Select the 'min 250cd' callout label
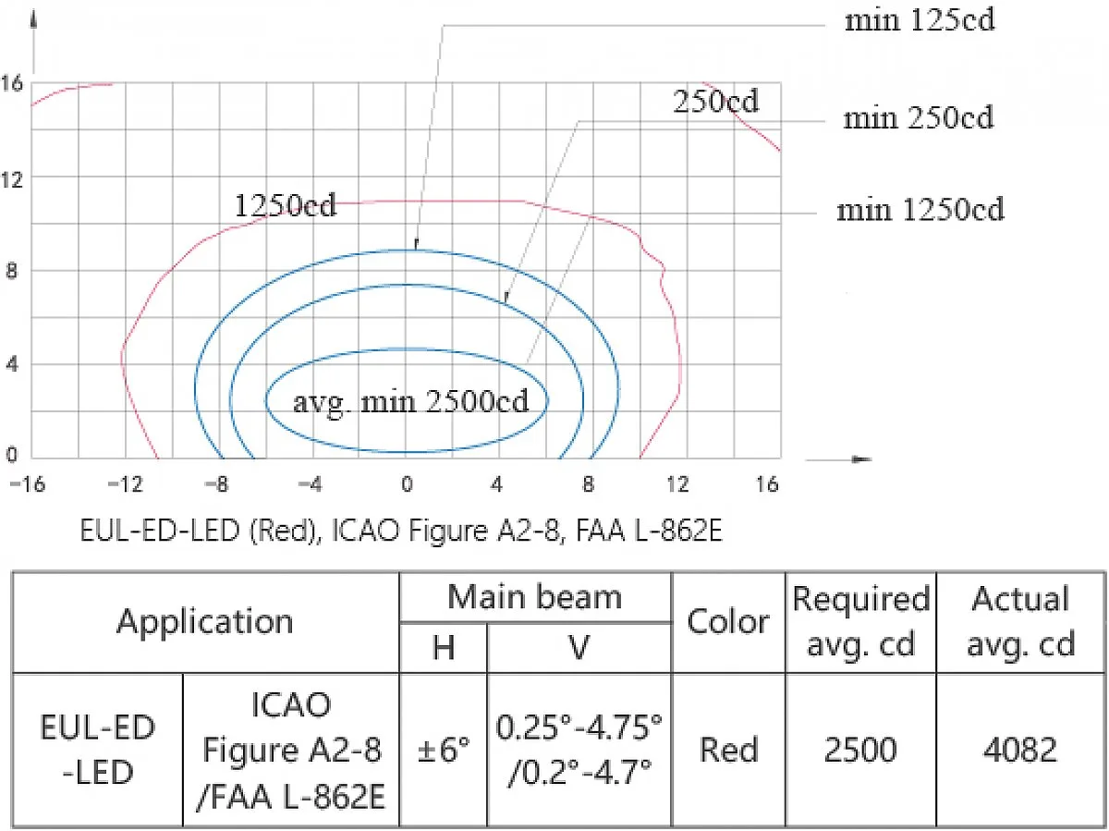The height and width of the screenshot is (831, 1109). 918,117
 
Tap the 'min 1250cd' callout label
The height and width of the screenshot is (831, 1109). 920,210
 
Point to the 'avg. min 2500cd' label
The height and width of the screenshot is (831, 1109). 410,403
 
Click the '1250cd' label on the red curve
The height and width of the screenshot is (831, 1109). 286,205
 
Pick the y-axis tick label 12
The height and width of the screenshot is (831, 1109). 12,179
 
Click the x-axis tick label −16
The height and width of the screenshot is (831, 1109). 28,484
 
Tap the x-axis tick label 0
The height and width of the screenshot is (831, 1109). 408,484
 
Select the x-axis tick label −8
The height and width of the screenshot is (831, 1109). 217,484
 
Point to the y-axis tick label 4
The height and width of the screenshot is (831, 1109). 12,363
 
